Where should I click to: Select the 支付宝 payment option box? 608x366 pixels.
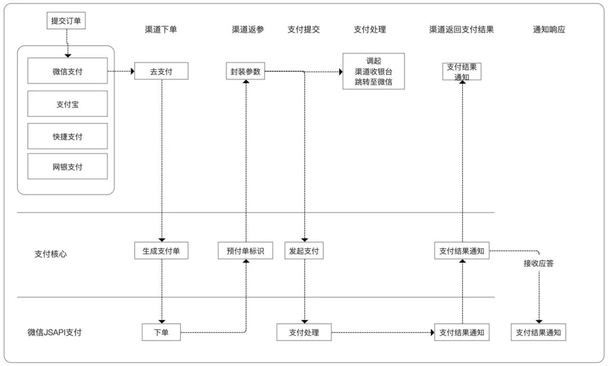tap(68, 104)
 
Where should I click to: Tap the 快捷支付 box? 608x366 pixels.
tap(68, 136)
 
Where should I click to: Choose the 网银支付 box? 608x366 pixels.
tap(68, 166)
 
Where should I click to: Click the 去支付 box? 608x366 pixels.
tap(161, 71)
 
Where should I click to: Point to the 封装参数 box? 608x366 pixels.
tap(245, 71)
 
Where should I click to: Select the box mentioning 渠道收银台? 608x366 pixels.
tap(374, 71)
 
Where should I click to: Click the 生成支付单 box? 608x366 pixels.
tap(161, 251)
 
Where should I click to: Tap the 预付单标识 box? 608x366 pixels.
tap(245, 251)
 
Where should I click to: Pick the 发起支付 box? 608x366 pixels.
tap(304, 251)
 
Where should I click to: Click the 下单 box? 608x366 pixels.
tap(161, 332)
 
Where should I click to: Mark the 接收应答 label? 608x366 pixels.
tap(538, 263)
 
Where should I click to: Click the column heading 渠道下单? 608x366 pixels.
tap(161, 30)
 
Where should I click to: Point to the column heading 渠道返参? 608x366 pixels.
tap(248, 30)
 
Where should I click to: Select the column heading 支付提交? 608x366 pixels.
tap(304, 30)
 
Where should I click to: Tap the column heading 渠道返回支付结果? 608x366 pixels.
tap(461, 30)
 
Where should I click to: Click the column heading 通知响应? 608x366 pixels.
tap(549, 30)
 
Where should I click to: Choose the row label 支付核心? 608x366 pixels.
tap(51, 254)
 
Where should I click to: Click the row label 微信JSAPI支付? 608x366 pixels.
tap(55, 332)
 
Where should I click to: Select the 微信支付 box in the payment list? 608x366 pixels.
tap(68, 71)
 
